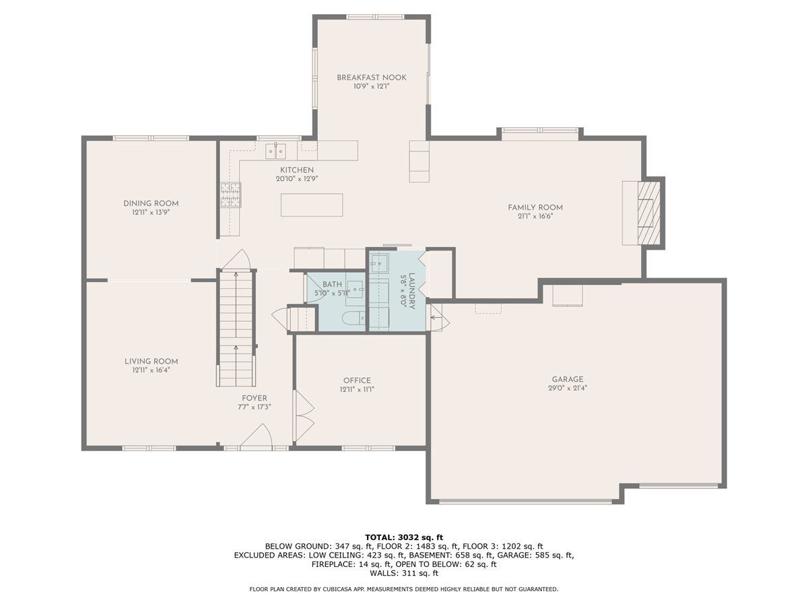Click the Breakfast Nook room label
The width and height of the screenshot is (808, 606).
coord(372,77)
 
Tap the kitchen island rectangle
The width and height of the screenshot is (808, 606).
coord(312,205)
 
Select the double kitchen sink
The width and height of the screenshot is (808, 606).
coord(275,151)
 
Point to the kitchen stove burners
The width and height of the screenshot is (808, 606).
coord(230,195)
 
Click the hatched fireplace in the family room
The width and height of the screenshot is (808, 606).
coord(649,213)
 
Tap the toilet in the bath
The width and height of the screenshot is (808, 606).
coord(353,318)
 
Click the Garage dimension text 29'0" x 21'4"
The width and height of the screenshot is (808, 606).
coord(567,388)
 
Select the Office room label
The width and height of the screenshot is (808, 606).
coord(357,380)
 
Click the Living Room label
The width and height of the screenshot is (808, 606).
coord(151,362)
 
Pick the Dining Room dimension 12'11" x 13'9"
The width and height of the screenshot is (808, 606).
coord(151,212)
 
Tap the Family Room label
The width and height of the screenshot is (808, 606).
coord(535,207)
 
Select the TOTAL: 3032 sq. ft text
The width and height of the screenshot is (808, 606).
coord(404,537)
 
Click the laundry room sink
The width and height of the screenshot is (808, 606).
coord(379,263)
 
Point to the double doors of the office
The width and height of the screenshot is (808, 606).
coord(304,415)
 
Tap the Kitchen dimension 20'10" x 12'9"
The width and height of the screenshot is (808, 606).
coord(297,179)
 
